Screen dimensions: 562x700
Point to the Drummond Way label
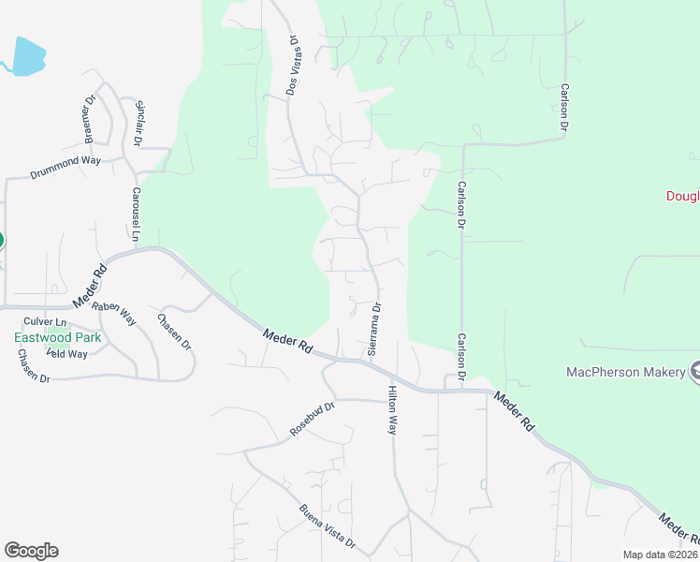(66, 169)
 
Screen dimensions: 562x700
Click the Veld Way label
(67, 354)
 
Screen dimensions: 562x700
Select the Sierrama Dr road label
(375, 328)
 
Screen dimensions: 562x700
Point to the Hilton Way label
(393, 409)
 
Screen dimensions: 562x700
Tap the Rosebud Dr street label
(313, 420)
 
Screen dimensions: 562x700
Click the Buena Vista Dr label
(328, 526)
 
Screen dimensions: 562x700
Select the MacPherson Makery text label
(625, 372)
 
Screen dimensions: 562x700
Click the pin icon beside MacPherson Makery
(695, 372)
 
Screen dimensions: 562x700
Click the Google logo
(31, 551)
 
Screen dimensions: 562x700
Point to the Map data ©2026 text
(659, 555)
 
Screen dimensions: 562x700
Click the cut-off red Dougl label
(682, 196)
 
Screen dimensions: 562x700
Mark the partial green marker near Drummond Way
(1, 240)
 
